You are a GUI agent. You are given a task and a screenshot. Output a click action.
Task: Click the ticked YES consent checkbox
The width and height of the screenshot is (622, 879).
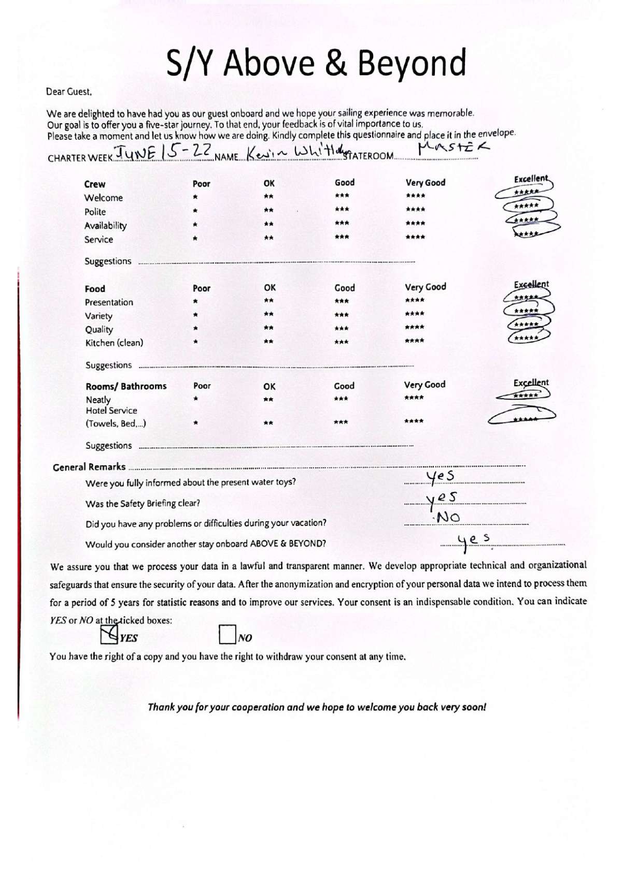tap(109, 634)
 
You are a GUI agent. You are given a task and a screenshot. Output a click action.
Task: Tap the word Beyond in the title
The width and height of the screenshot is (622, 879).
tap(412, 63)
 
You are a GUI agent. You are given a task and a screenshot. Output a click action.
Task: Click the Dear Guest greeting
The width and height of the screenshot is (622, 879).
tap(69, 92)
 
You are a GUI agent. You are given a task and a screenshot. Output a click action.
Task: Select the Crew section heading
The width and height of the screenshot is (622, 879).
tap(94, 184)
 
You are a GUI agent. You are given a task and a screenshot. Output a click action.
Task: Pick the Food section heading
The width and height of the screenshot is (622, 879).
tap(95, 288)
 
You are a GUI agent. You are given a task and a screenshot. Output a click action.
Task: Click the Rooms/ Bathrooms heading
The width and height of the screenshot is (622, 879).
tap(126, 386)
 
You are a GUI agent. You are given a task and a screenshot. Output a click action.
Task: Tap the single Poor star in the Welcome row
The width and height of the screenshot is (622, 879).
tap(195, 197)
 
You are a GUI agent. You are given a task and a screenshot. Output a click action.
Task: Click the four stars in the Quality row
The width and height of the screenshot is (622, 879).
tap(415, 327)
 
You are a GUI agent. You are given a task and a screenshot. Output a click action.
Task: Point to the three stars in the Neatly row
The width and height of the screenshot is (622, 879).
tap(341, 399)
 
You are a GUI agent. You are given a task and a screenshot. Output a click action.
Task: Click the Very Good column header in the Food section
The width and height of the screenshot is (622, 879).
tap(425, 287)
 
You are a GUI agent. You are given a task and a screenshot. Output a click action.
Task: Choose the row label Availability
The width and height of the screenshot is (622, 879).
tap(105, 226)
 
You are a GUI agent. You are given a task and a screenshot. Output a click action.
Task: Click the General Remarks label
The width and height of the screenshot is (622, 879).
tap(89, 467)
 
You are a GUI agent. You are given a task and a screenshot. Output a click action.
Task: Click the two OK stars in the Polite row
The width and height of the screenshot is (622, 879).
tap(268, 210)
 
